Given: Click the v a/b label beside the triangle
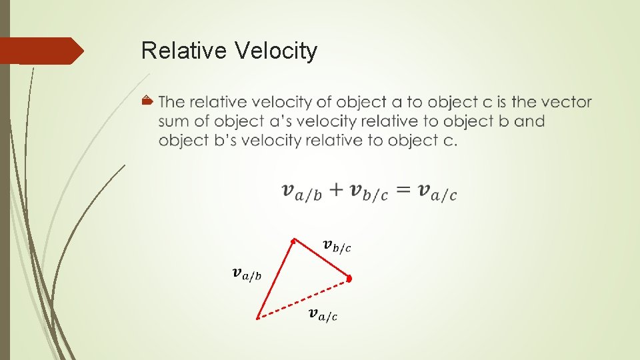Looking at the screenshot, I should click(247, 273).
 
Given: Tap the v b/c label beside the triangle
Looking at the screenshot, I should click(337, 247).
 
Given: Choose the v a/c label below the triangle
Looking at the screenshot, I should click(323, 314).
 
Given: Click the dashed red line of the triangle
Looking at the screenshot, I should click(303, 298).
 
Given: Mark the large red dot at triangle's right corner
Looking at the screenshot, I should click(349, 278).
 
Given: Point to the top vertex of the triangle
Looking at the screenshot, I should click(293, 239).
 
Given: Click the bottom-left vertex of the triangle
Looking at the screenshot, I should click(258, 318).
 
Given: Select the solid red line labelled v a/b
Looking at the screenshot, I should click(275, 279).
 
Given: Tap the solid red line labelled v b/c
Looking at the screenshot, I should click(321, 259).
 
